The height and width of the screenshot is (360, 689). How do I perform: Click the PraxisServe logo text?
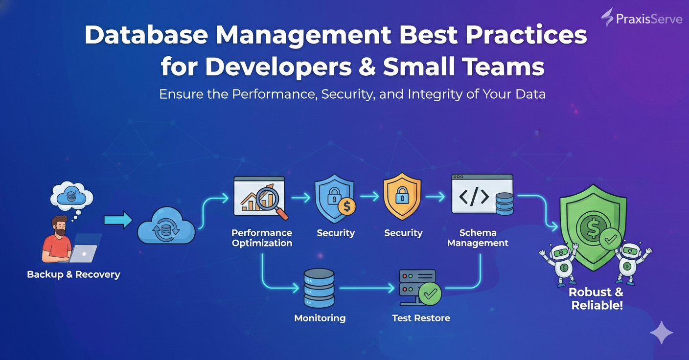(x=649, y=19)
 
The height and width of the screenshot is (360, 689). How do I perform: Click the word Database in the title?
(x=146, y=35)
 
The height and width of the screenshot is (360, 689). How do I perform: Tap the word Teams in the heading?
(x=504, y=67)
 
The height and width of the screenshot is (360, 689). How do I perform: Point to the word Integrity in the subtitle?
(x=435, y=94)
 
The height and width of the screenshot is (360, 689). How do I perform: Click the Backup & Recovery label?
(x=73, y=274)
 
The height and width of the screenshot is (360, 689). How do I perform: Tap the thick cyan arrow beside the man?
(x=118, y=220)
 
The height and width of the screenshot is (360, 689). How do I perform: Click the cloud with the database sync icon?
(x=166, y=225)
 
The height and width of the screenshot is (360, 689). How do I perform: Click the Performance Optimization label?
(x=262, y=238)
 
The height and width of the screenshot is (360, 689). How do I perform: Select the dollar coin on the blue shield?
(x=346, y=206)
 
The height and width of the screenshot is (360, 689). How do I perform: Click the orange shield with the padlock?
(x=402, y=196)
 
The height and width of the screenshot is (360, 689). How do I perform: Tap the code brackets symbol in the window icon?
(x=474, y=197)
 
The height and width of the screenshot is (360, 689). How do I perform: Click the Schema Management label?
(x=478, y=238)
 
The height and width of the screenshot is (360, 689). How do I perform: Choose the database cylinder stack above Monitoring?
(x=319, y=288)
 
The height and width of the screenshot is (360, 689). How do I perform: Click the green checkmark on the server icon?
(x=430, y=294)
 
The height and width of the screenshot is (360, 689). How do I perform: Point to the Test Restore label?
(x=421, y=318)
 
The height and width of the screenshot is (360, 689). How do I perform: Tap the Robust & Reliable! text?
(x=597, y=298)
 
